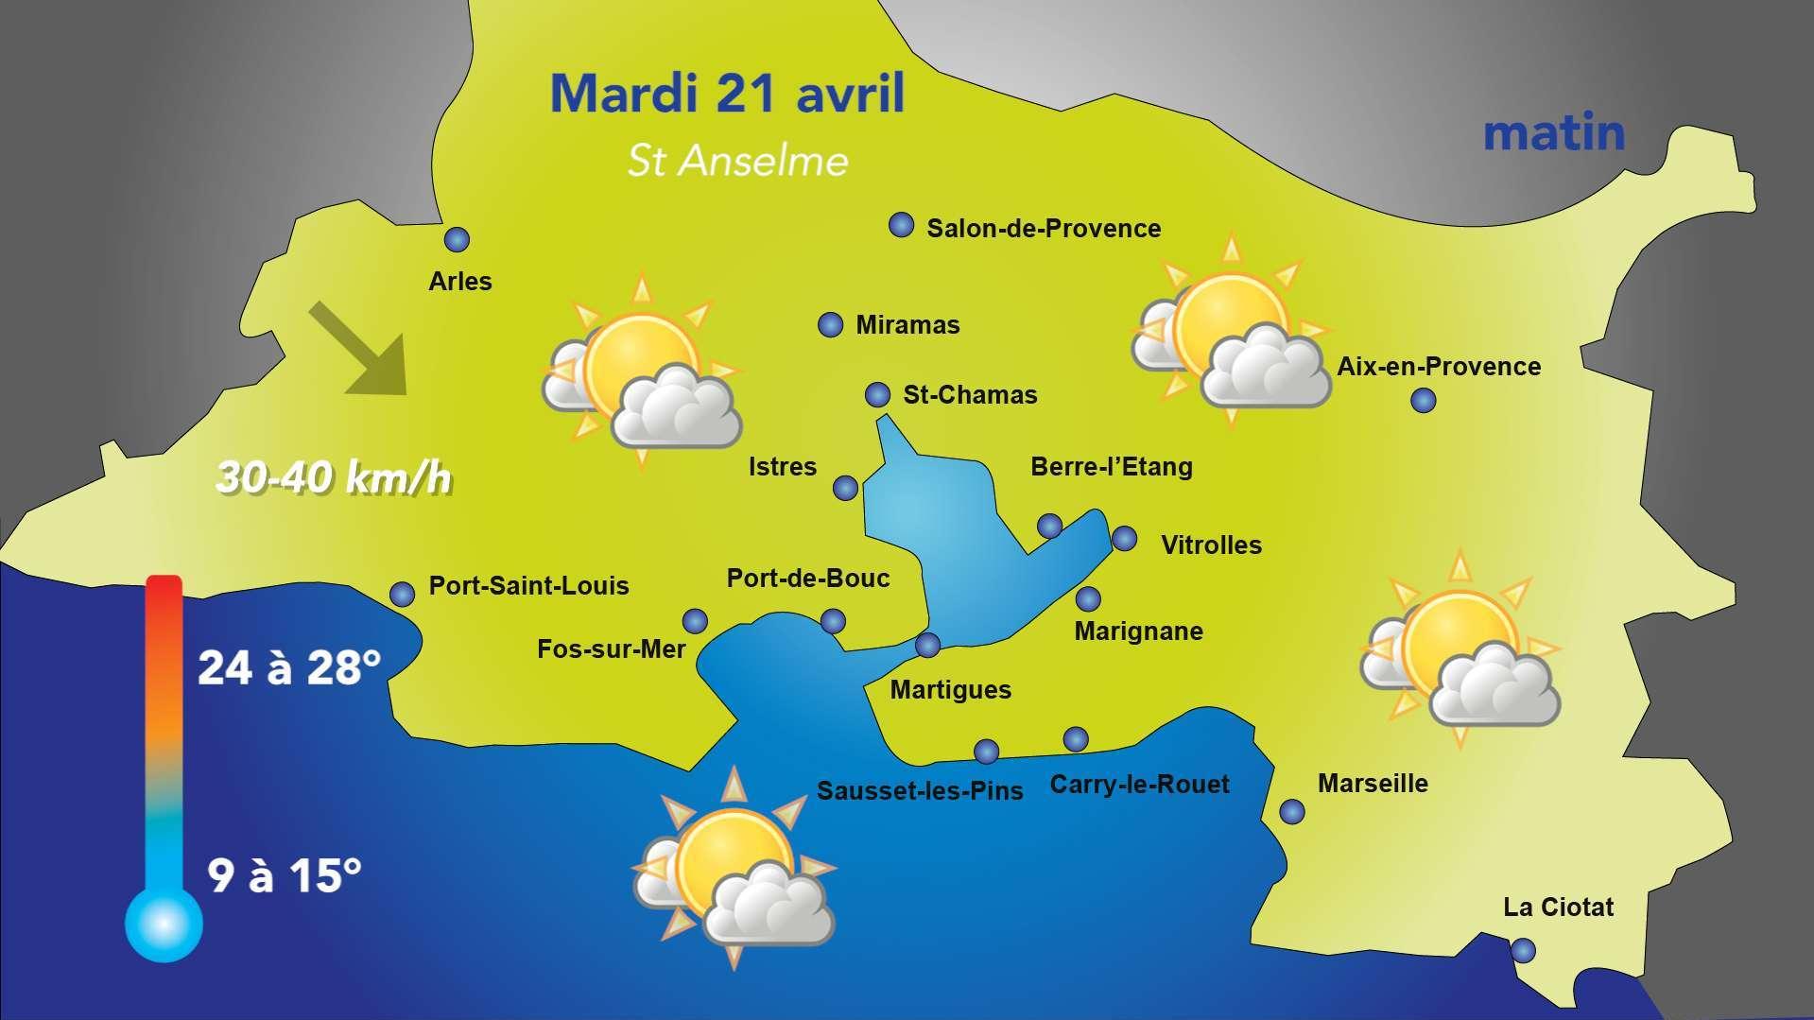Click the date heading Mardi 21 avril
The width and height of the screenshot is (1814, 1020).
(727, 94)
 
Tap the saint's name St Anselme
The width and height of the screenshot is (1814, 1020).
(737, 161)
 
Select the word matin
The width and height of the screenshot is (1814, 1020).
(1553, 133)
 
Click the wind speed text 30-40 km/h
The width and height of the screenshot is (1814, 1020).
(334, 478)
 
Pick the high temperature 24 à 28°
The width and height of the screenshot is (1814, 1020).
(289, 668)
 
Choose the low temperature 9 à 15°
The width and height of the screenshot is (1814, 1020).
(285, 875)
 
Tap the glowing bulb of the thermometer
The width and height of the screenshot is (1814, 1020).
(164, 923)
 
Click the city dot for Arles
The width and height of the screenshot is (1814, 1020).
(457, 240)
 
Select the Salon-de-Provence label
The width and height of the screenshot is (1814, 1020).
(1044, 229)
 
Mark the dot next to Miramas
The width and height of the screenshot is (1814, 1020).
(830, 325)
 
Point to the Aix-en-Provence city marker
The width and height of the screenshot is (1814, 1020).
(1423, 401)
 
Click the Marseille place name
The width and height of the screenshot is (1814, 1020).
(1373, 784)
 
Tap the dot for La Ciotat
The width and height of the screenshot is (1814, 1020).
(1523, 950)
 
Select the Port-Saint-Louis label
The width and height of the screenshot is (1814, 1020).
(528, 586)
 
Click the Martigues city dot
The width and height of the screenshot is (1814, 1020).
(928, 646)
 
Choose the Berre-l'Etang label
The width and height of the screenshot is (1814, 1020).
(1111, 467)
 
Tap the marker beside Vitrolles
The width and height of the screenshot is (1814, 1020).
(1124, 539)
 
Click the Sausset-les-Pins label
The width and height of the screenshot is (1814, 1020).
(920, 791)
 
